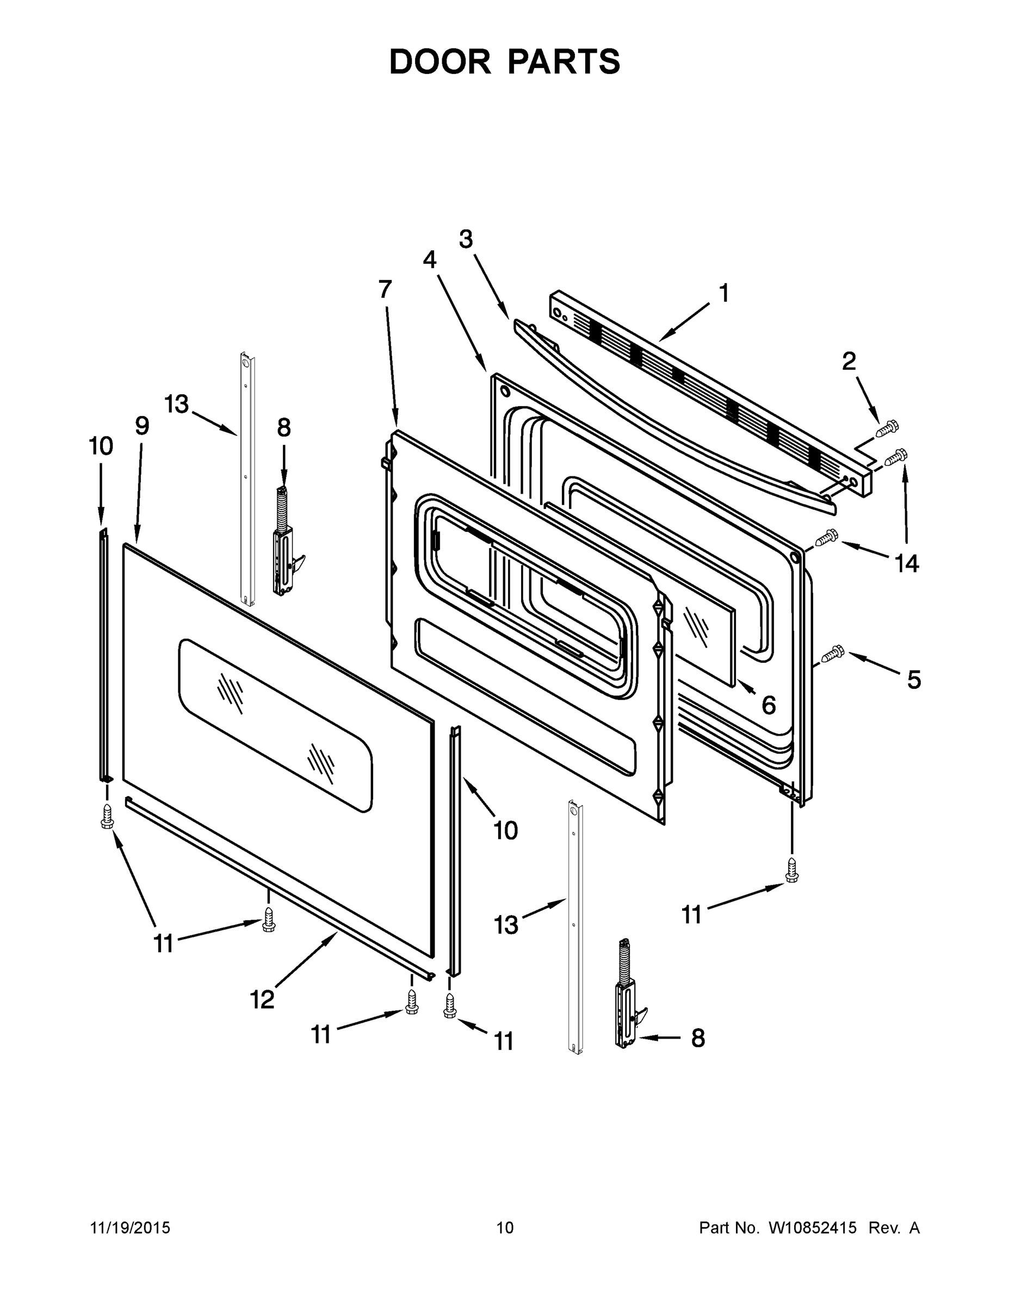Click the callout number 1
click(723, 294)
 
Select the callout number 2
click(849, 362)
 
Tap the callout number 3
click(466, 240)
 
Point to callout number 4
click(429, 260)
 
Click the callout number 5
click(914, 680)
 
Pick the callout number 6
click(769, 705)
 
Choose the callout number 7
click(385, 290)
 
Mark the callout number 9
click(141, 426)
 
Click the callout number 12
click(262, 999)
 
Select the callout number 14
click(906, 563)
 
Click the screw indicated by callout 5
click(832, 655)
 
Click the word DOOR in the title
click(440, 62)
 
